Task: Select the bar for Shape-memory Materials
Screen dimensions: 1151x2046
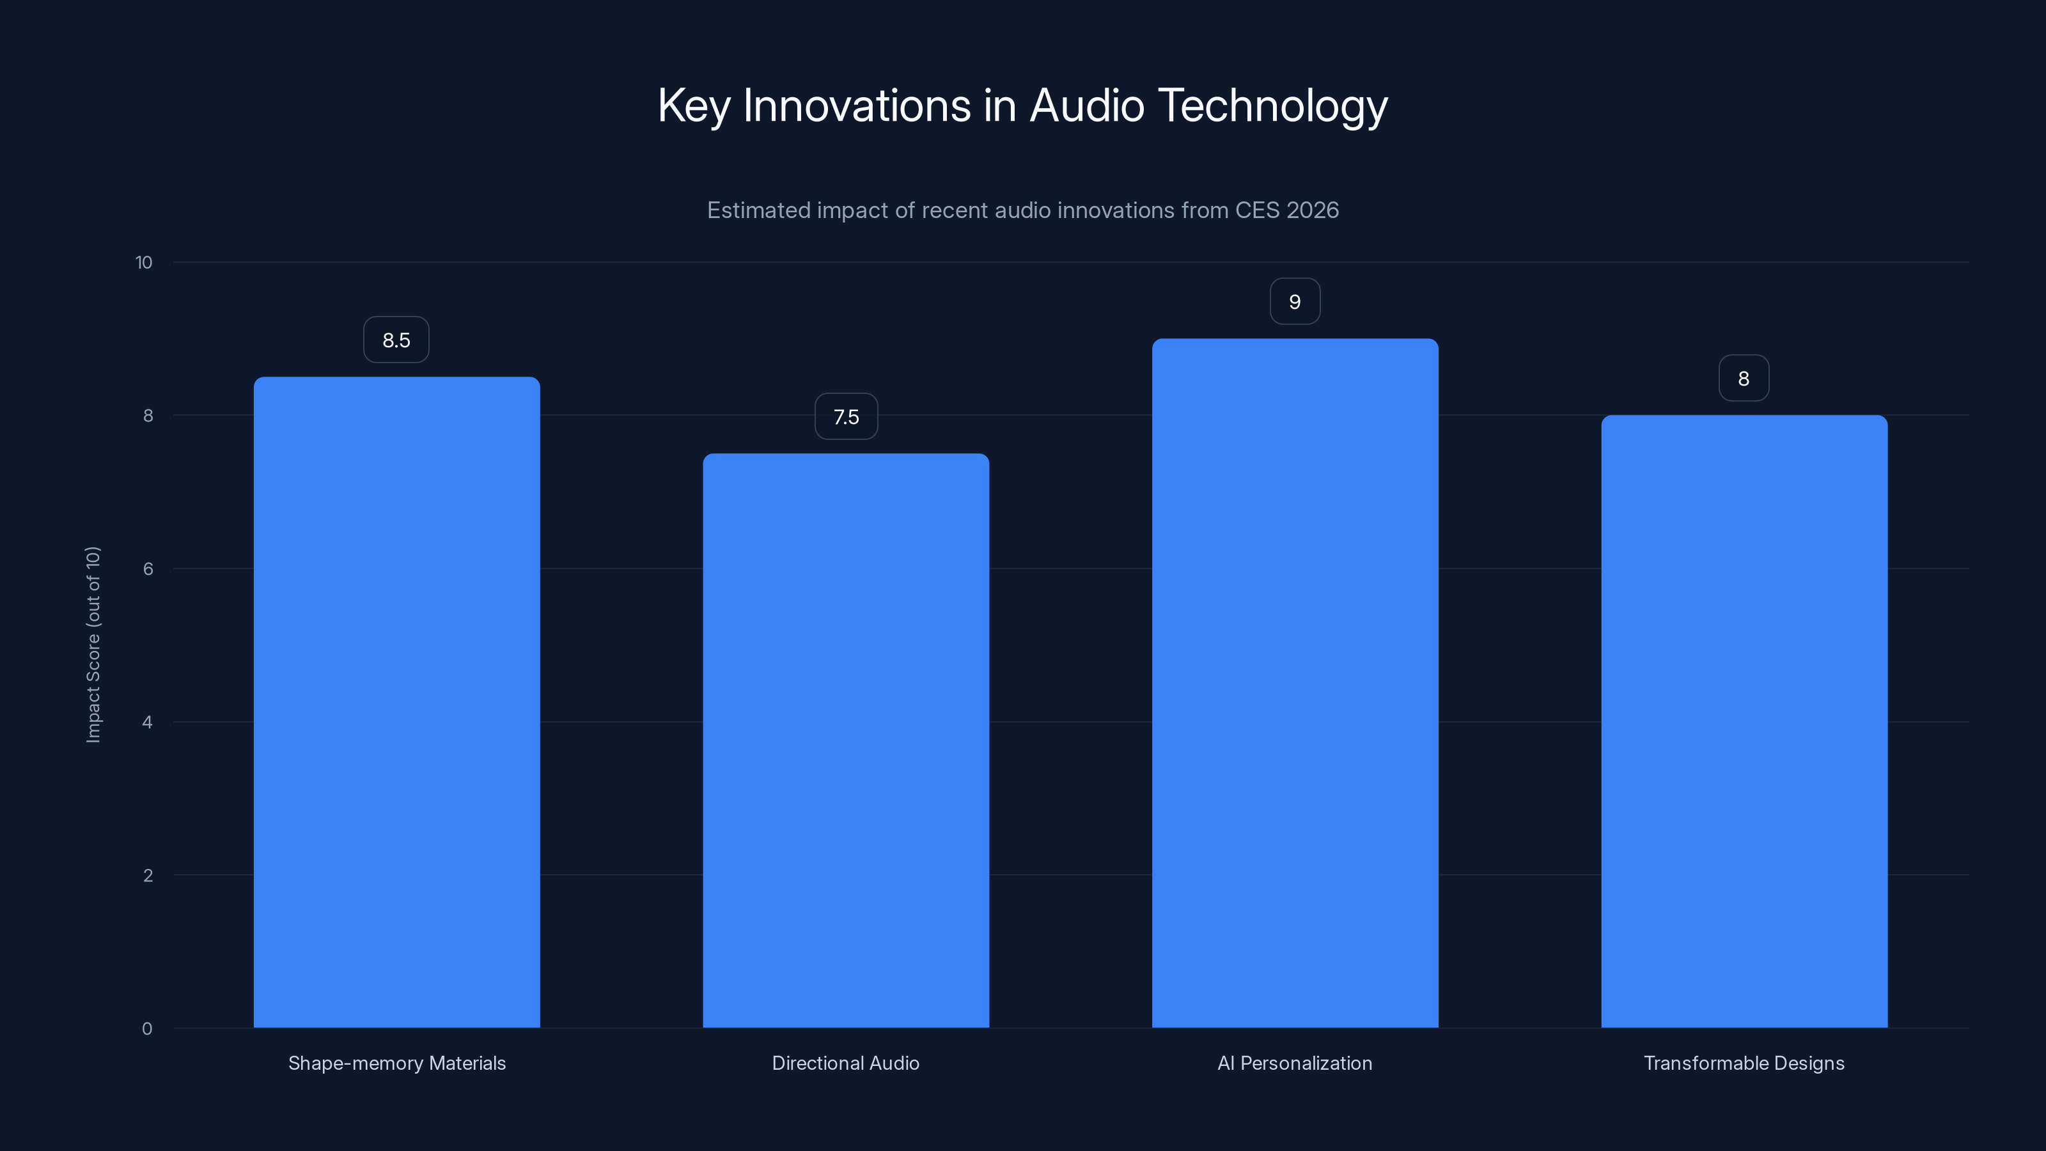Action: click(x=396, y=702)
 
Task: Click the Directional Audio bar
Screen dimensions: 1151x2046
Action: click(x=846, y=740)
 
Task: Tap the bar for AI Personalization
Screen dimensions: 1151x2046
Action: click(x=1295, y=683)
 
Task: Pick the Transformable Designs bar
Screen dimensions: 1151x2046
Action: click(x=1744, y=721)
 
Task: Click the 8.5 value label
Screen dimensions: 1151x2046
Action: click(x=396, y=340)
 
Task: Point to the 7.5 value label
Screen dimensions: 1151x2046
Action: click(x=846, y=417)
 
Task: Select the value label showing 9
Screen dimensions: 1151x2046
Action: click(x=1295, y=302)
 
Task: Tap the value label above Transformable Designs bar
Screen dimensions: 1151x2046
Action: click(x=1744, y=379)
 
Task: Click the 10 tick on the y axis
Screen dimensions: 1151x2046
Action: click(x=144, y=263)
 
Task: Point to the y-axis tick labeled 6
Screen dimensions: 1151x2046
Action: click(x=148, y=568)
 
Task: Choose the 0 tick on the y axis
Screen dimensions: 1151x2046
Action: click(x=147, y=1029)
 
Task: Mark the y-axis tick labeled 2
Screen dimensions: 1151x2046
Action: click(x=148, y=875)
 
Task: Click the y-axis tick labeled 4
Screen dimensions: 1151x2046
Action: click(x=147, y=722)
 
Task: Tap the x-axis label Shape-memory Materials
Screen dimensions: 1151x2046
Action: click(x=396, y=1063)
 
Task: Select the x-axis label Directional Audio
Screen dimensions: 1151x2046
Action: click(x=846, y=1063)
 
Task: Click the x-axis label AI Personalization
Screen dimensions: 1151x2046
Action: click(x=1295, y=1063)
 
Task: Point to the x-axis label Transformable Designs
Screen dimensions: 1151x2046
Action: click(x=1744, y=1063)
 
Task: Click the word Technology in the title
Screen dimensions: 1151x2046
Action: click(x=1273, y=106)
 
